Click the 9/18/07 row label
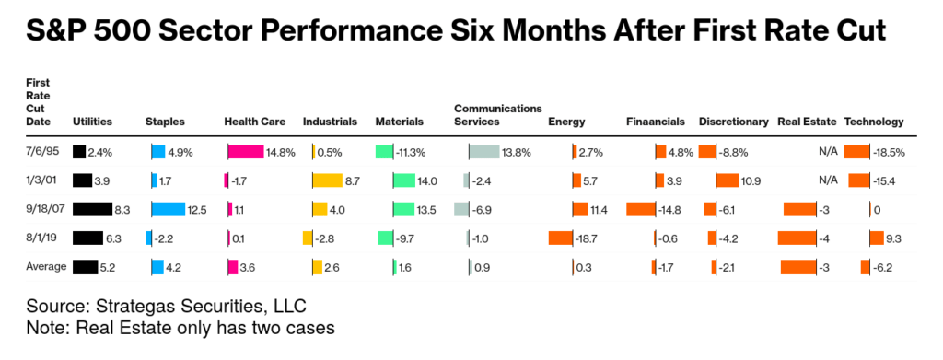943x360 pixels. (43, 210)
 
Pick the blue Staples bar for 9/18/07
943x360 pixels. (168, 210)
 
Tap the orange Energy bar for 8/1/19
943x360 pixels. (560, 238)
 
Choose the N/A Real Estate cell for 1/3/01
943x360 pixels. (826, 180)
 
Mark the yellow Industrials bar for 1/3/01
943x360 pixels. (327, 180)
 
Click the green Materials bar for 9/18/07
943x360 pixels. (403, 210)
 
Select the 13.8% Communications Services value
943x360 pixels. (517, 152)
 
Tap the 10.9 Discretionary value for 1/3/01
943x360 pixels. (751, 180)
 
